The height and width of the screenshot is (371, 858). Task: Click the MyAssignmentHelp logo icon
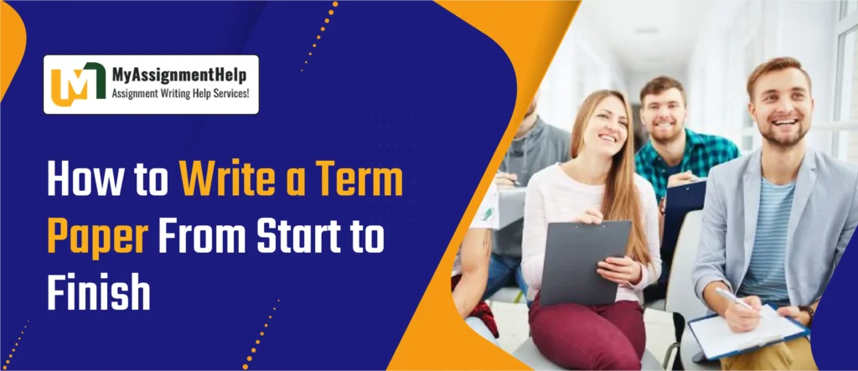pyautogui.click(x=78, y=85)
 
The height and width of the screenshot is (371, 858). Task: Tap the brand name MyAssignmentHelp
pyautogui.click(x=179, y=75)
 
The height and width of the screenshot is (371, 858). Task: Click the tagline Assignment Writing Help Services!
pyautogui.click(x=181, y=94)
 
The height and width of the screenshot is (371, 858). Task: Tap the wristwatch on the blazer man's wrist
pyautogui.click(x=806, y=313)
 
